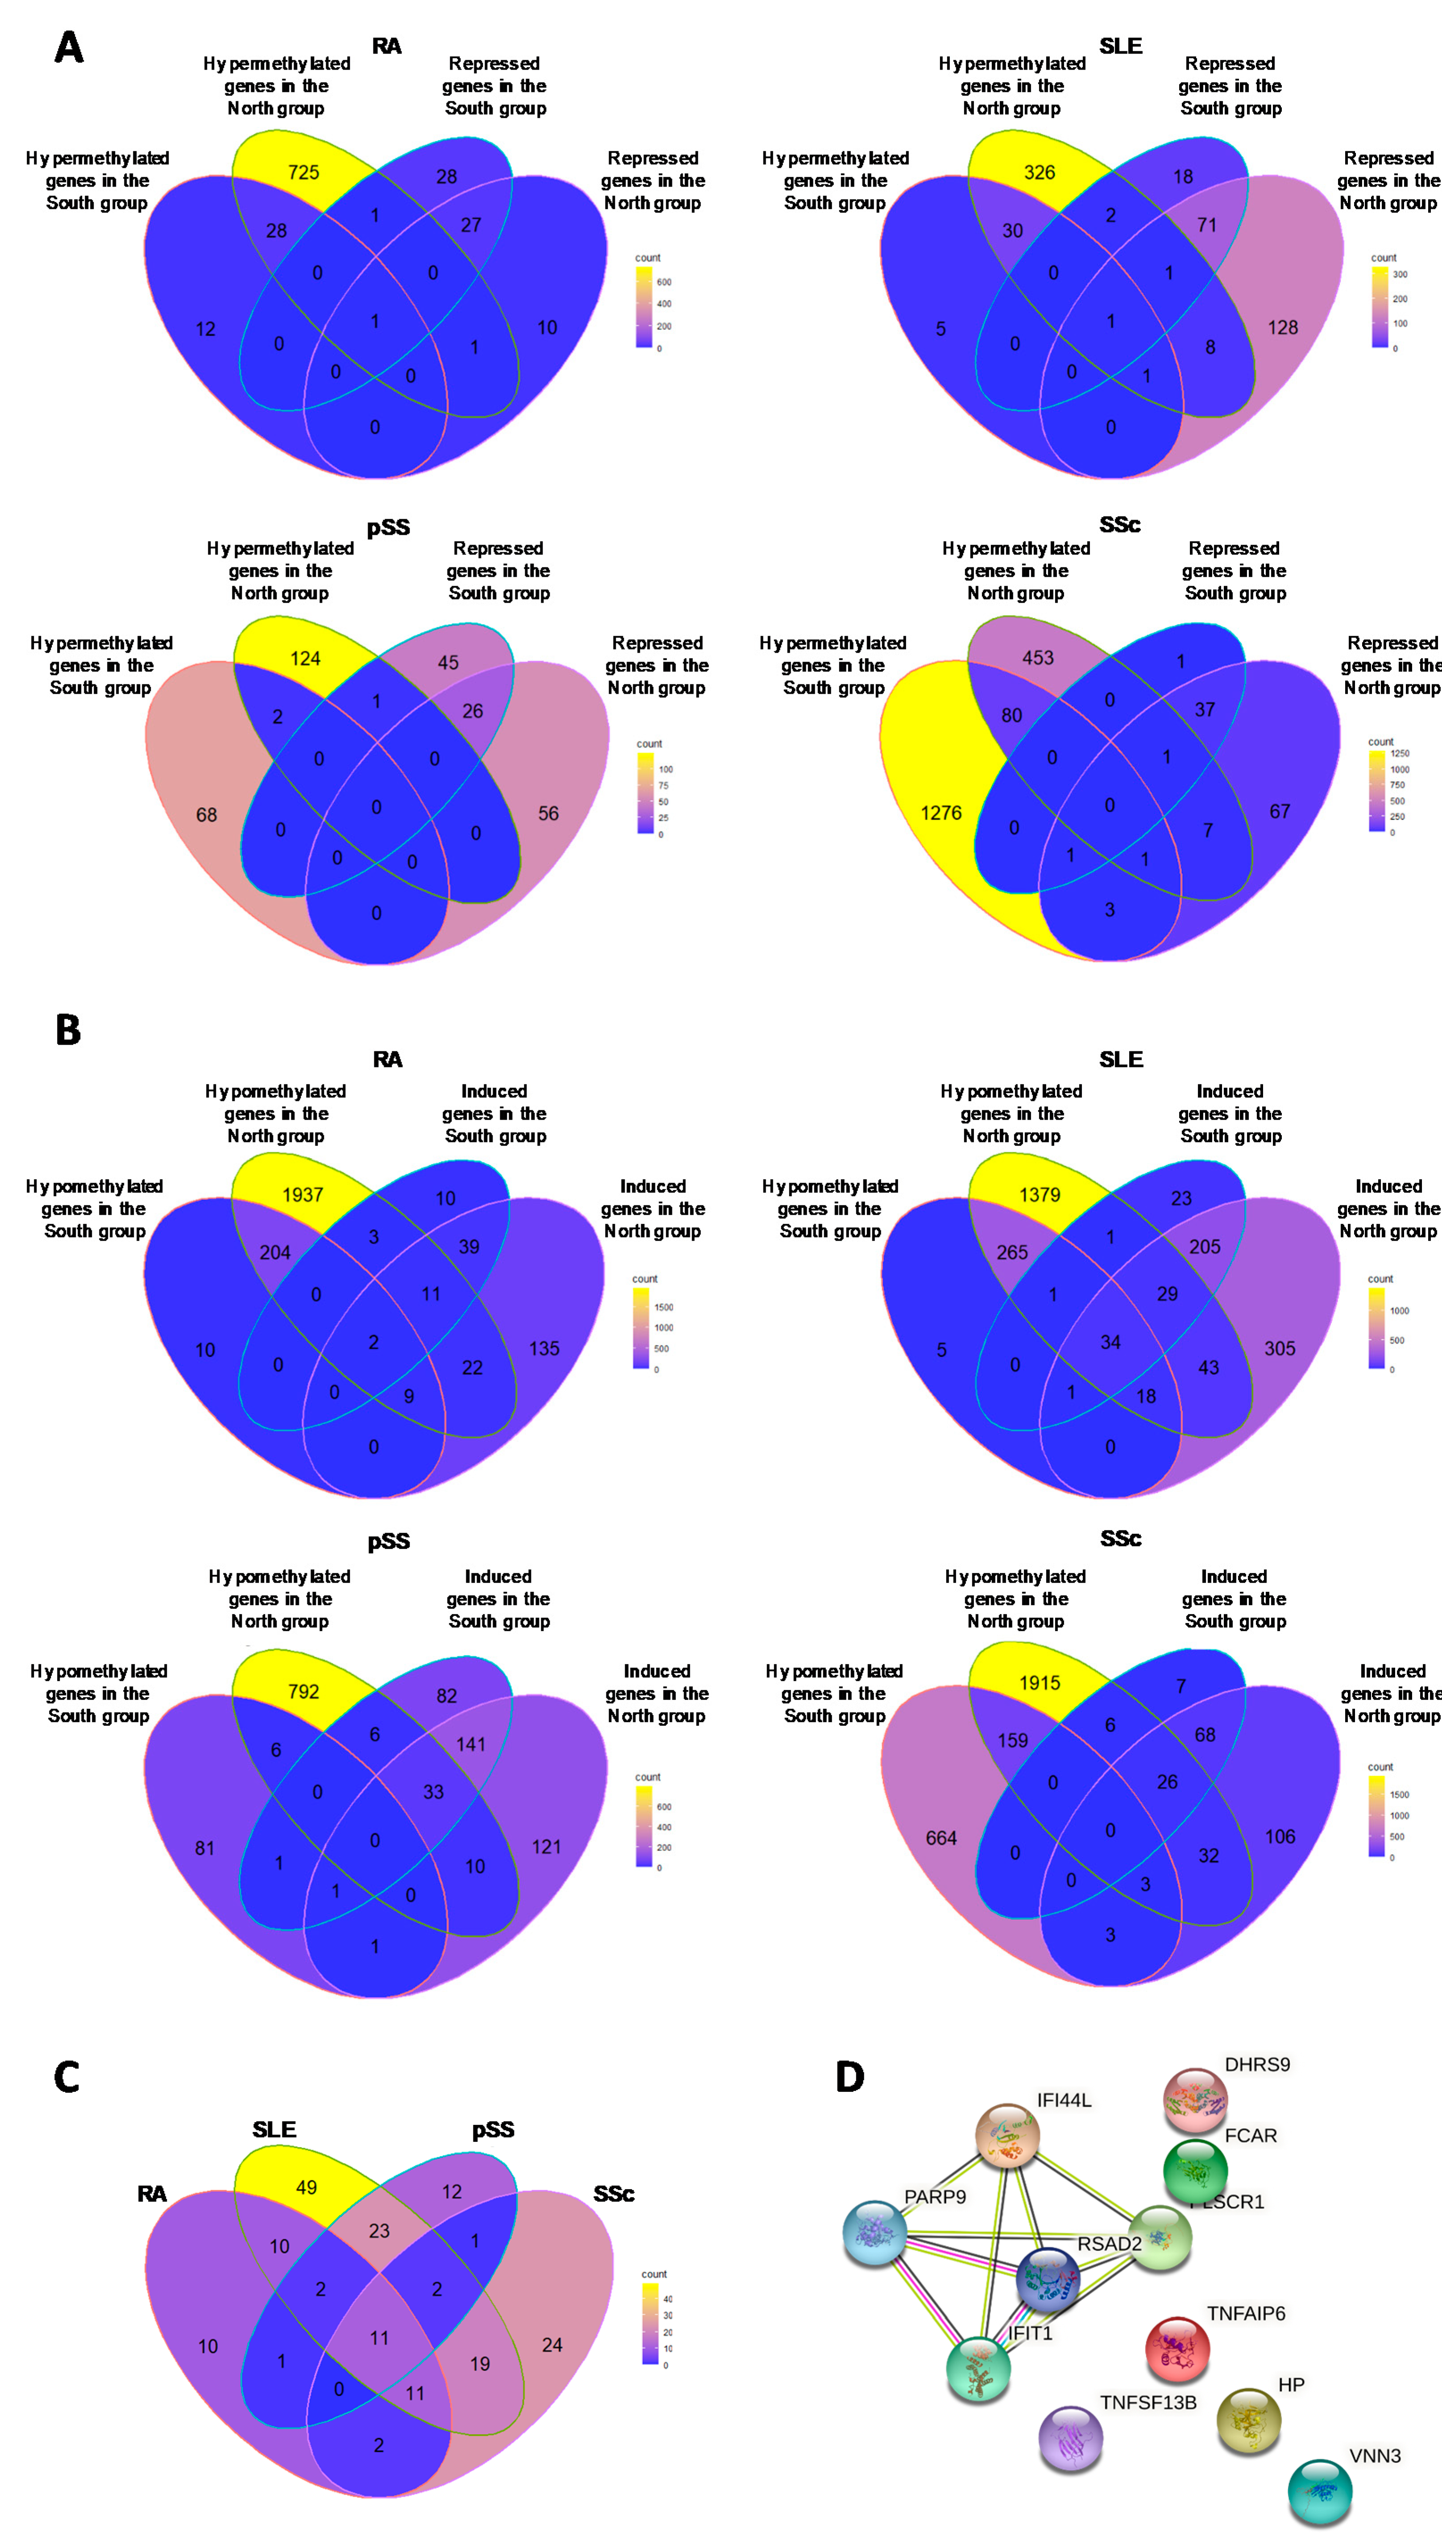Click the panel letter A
pos(68,48)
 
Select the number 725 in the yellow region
pos(303,172)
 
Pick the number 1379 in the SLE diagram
pos(1039,1195)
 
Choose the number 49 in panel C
pos(306,2187)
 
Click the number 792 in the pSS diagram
pos(303,1692)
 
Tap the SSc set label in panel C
pos(613,2194)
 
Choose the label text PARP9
pos(934,2196)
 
